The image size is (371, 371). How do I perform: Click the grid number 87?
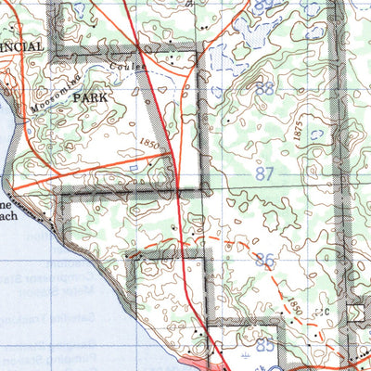pos(264,173)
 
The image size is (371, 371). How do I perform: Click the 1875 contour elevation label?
pos(298,131)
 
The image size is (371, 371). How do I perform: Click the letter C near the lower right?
pos(326,312)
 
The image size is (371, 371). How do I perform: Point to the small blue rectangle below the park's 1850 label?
pos(136,166)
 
